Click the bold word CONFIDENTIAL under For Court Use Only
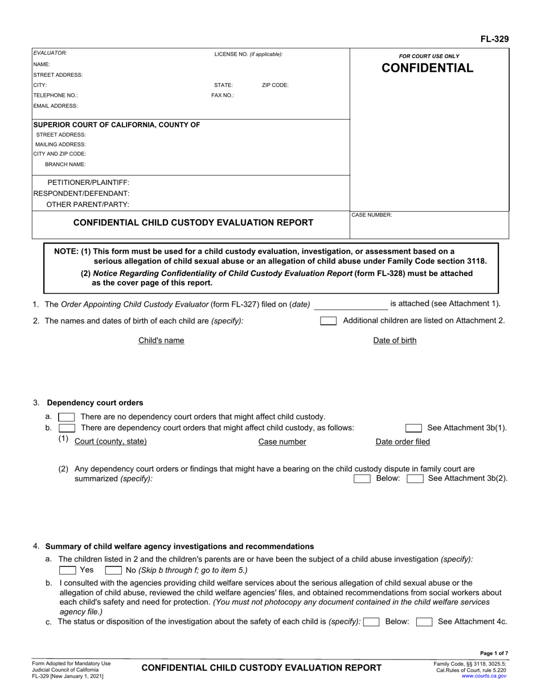pyautogui.click(x=427, y=68)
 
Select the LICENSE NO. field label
pyautogui.click(x=248, y=54)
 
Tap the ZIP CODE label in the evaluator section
pyautogui.click(x=275, y=85)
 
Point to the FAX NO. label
pyautogui.click(x=223, y=96)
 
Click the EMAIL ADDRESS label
pyautogui.click(x=55, y=106)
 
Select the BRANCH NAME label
pyautogui.click(x=65, y=164)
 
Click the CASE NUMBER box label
pyautogui.click(x=371, y=215)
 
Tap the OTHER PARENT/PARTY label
pyautogui.click(x=88, y=204)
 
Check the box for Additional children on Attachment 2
pyautogui.click(x=328, y=321)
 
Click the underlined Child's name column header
pyautogui.click(x=161, y=340)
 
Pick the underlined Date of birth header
pyautogui.click(x=395, y=340)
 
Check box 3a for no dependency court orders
pyautogui.click(x=67, y=417)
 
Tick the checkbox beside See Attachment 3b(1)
pyautogui.click(x=413, y=428)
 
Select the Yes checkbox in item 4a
pyautogui.click(x=67, y=570)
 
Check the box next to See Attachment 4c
pyautogui.click(x=424, y=622)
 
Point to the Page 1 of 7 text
pyautogui.click(x=493, y=653)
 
